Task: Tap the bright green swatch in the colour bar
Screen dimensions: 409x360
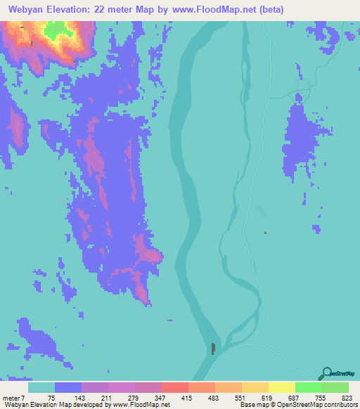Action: [x=308, y=388]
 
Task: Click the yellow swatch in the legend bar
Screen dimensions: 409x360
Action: [x=281, y=388]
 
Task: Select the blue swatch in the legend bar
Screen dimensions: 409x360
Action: [x=68, y=388]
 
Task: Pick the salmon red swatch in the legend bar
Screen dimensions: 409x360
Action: [x=174, y=388]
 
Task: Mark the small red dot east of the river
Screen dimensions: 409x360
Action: [x=265, y=233]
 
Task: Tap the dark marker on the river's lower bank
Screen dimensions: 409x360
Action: [x=213, y=348]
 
